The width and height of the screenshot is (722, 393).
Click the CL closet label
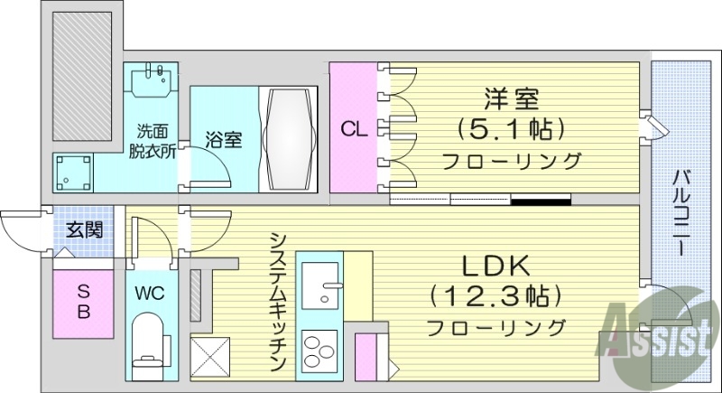point(353,128)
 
